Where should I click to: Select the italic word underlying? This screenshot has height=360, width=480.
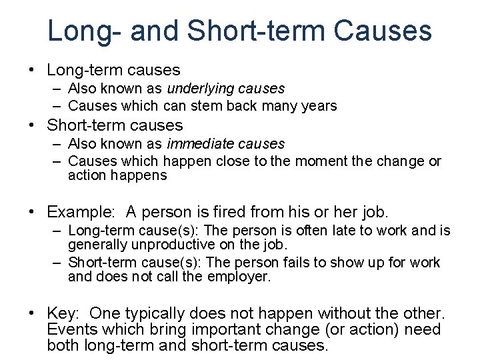point(198,88)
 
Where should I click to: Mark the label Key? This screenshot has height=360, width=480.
point(65,313)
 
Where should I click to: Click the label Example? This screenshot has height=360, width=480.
point(82,212)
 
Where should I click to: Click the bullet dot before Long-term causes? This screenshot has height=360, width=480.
point(31,70)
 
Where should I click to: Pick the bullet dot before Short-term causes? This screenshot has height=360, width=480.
point(31,125)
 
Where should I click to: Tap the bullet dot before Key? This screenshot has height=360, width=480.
point(31,313)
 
